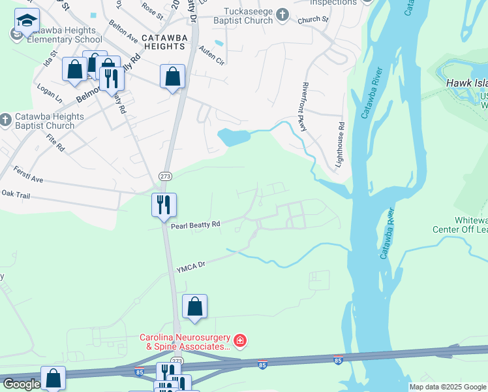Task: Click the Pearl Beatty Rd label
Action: [x=196, y=225]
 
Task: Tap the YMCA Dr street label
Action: [x=191, y=265]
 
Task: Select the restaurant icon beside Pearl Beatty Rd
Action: [x=164, y=204]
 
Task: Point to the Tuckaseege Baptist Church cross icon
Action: [x=282, y=14]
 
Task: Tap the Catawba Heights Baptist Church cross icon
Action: [x=6, y=120]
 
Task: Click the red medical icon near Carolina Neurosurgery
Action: [x=240, y=340]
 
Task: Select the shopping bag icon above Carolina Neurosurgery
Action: [x=194, y=307]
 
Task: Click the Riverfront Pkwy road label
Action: [x=304, y=107]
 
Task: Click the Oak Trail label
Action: [x=16, y=194]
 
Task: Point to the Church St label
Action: [x=313, y=20]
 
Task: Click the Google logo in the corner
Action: [x=22, y=384]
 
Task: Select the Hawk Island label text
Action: [x=467, y=84]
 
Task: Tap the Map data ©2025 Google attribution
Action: [x=448, y=387]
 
